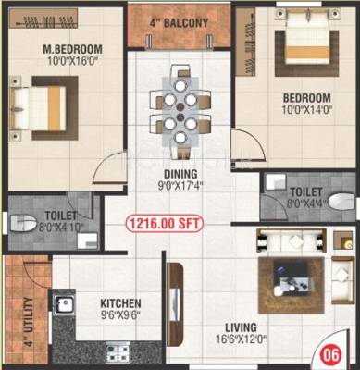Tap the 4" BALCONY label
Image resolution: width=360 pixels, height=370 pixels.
pyautogui.click(x=180, y=21)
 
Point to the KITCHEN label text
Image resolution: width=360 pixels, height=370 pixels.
pyautogui.click(x=120, y=302)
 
